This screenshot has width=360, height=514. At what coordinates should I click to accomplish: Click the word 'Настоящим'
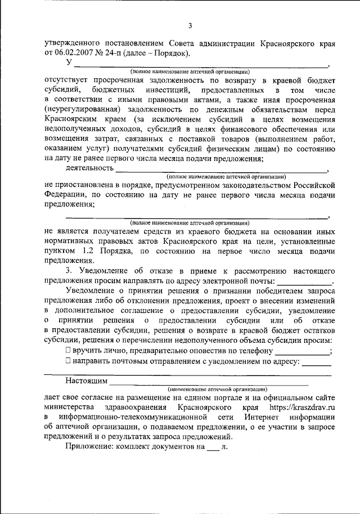[x=86, y=382]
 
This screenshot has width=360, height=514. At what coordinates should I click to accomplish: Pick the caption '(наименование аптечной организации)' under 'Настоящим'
[x=217, y=390]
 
